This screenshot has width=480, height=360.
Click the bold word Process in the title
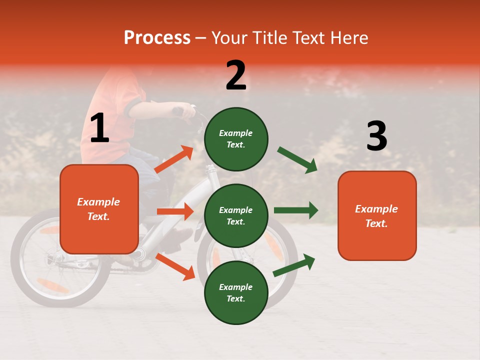click(157, 38)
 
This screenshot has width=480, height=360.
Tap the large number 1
click(99, 128)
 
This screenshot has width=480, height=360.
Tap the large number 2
click(236, 75)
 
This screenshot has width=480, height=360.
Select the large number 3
click(376, 136)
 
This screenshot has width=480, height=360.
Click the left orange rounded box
click(99, 209)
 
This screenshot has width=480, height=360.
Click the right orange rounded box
click(377, 215)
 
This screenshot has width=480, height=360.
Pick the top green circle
click(236, 139)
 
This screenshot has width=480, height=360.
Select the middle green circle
click(236, 215)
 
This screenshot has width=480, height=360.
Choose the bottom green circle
click(236, 292)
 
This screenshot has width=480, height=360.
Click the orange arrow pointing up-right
click(174, 159)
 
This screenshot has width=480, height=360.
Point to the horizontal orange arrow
click(175, 211)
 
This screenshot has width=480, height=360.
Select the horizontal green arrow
click(295, 210)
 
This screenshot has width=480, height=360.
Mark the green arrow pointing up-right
click(294, 265)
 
